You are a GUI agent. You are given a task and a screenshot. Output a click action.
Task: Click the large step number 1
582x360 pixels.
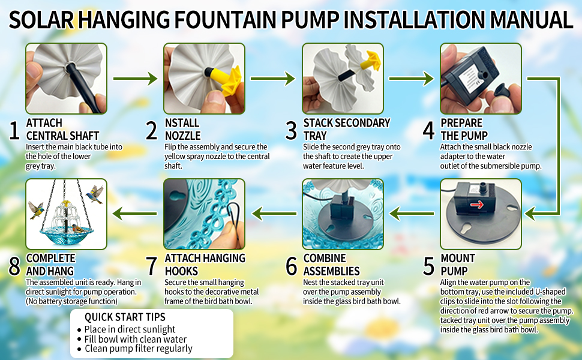point(14,130)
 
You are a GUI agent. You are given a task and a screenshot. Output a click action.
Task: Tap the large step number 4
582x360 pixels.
point(429,130)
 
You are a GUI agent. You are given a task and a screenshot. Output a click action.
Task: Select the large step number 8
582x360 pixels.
point(14,266)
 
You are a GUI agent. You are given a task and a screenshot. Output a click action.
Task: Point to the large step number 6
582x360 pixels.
point(292,266)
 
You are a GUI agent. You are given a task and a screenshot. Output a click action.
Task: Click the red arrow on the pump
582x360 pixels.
point(477,205)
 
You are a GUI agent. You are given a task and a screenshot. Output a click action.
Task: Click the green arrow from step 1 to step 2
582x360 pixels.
point(136,79)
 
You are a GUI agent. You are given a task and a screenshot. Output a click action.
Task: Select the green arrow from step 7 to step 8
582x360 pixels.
point(135,214)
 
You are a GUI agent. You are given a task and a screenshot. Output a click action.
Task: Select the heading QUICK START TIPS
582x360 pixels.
point(125,317)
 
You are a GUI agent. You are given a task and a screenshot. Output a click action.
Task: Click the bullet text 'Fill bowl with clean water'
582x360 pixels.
point(135,339)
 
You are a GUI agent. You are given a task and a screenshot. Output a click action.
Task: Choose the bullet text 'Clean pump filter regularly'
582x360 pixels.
point(139,349)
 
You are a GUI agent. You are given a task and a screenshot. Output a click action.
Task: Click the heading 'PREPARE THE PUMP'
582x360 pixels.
point(464,129)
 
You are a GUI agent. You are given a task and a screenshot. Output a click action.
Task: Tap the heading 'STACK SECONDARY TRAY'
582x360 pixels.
point(347,129)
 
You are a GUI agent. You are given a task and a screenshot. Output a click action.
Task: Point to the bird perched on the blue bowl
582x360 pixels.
point(79,227)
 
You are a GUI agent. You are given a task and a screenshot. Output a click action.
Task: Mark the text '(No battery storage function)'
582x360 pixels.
point(71,301)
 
